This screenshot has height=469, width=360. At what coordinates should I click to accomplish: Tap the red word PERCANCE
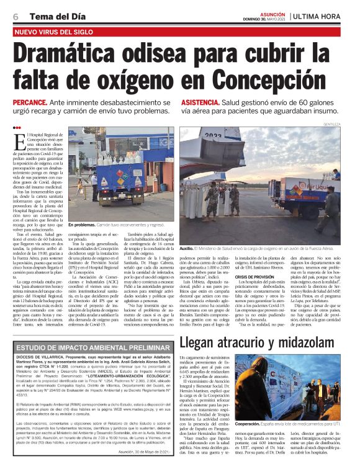pos(30,102)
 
